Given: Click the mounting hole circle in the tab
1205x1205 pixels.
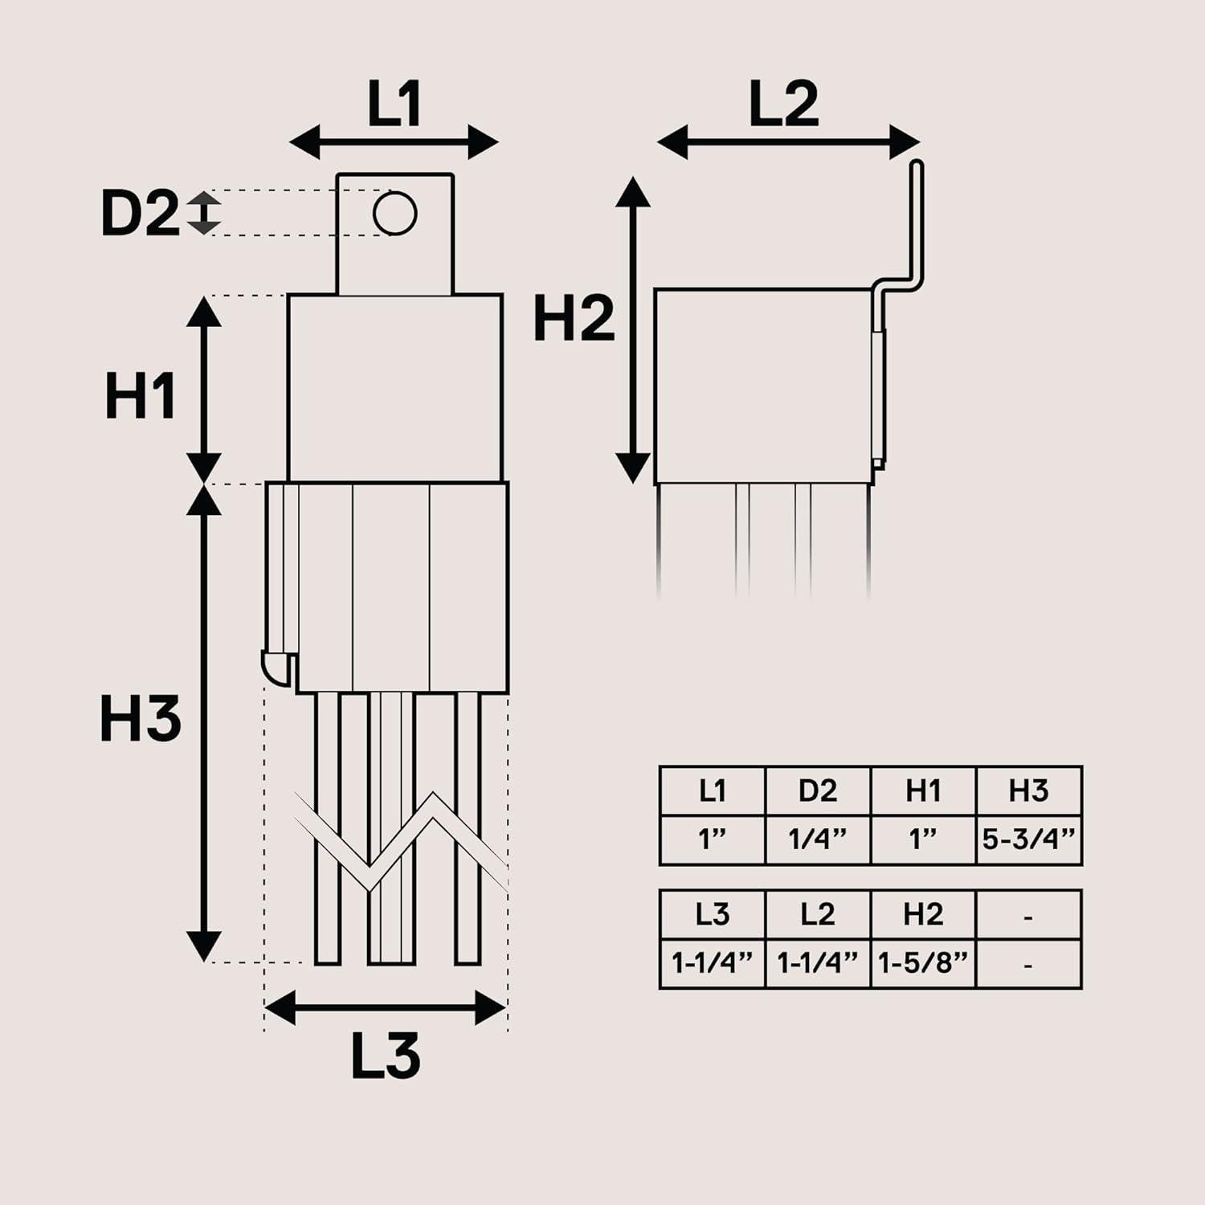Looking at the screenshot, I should point(394,214).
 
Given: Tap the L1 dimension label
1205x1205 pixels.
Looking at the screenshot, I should point(394,104).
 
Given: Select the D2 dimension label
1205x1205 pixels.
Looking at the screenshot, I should point(140,214).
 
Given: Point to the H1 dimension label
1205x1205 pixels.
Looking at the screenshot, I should point(141,396).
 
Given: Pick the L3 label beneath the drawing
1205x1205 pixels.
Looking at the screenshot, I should point(386,1056).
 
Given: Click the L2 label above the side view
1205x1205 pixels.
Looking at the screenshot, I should point(783,104).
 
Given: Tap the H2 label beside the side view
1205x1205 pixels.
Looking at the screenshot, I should point(574,318).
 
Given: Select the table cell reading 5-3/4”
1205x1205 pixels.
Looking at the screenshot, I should point(1028,839).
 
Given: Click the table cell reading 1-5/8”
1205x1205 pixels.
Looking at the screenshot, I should point(923,962).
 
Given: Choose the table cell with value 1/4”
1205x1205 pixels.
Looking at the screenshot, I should point(817,839).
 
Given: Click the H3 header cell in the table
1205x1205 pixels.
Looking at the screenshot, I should point(1028,791).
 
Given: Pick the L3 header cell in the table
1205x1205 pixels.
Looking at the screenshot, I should point(712,914).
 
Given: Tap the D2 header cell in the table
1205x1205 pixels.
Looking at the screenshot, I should point(817,791).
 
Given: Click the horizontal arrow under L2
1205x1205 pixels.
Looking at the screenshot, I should point(788,143).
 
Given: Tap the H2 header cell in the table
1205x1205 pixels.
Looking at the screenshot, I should point(923,914).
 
